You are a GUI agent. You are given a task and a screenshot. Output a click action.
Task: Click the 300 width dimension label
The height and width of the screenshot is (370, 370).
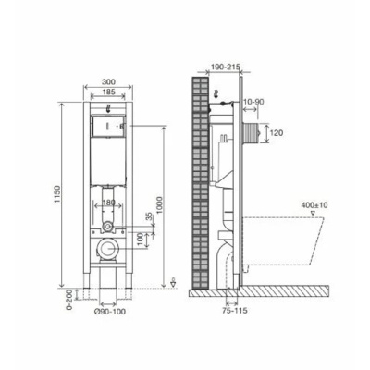(x=108, y=81)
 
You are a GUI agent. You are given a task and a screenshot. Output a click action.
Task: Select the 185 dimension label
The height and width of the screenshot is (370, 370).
(x=108, y=92)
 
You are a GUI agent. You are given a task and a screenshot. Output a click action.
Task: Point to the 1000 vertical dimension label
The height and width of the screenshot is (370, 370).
(x=159, y=204)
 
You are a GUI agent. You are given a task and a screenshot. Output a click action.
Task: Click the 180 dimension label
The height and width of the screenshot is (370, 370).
(x=108, y=203)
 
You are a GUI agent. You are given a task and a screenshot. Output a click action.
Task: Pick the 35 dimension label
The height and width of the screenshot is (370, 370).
(x=151, y=217)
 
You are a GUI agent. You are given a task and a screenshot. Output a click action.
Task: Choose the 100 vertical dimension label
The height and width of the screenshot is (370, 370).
(x=141, y=240)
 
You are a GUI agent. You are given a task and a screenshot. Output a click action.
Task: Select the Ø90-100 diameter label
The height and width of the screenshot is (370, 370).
(x=110, y=312)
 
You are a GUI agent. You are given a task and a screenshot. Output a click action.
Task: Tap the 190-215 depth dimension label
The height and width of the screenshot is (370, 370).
(x=226, y=67)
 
